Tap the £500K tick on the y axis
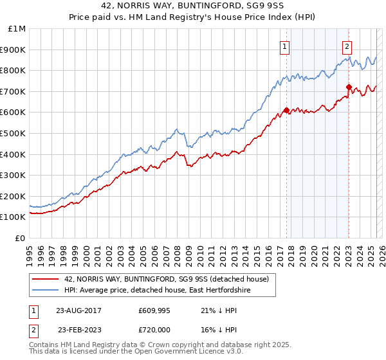click(x=13, y=133)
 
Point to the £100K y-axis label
click(x=13, y=217)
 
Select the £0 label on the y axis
click(x=20, y=239)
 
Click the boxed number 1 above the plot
click(x=284, y=46)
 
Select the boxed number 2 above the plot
click(x=347, y=46)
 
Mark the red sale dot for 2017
click(x=286, y=110)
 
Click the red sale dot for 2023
click(x=349, y=87)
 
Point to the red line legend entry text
click(x=170, y=278)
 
